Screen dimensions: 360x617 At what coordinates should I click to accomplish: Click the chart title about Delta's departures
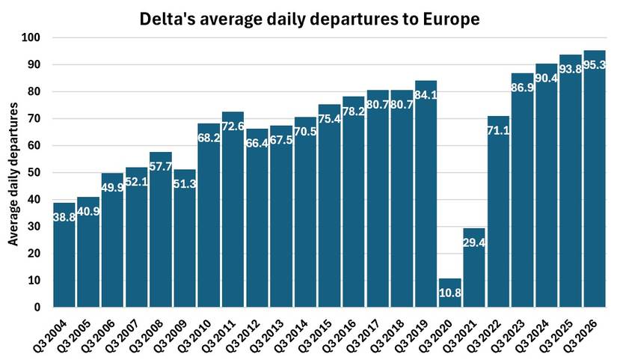tap(309, 19)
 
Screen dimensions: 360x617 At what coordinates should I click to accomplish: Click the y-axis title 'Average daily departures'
tap(13, 172)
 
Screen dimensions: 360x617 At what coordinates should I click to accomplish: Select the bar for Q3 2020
tap(450, 293)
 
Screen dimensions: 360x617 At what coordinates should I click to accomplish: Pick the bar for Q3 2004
tap(64, 254)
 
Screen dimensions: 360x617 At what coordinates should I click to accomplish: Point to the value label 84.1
tap(426, 95)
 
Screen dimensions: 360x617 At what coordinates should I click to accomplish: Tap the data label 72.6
tap(233, 126)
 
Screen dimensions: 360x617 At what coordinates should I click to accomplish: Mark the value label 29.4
tap(474, 242)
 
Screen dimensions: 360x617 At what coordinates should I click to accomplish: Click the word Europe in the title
tap(447, 19)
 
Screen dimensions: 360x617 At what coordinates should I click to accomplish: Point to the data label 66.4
tap(257, 143)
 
